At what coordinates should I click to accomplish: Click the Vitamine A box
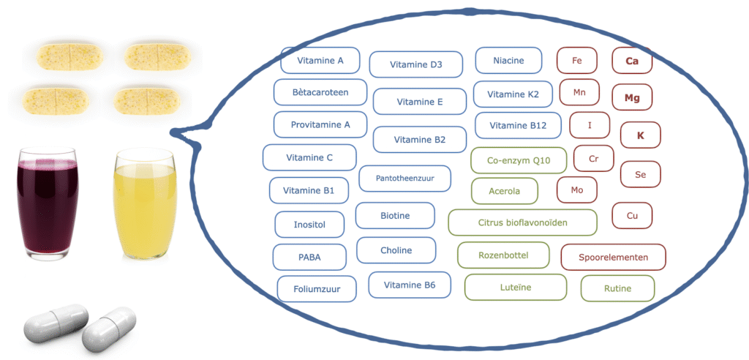[320, 61]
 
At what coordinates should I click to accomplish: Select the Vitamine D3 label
[415, 64]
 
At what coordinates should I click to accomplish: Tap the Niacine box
[508, 61]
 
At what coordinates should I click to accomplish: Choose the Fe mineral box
[577, 61]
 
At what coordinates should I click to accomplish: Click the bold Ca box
[632, 61]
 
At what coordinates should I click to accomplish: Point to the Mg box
[632, 97]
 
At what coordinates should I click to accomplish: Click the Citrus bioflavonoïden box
[522, 222]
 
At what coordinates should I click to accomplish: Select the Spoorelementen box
[613, 258]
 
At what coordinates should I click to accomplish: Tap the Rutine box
[617, 288]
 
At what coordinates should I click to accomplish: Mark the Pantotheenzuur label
[404, 178]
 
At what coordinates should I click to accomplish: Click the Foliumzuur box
[318, 288]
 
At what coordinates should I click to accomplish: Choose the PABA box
[309, 258]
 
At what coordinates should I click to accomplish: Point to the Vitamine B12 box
[518, 126]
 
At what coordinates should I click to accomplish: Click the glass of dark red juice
[48, 205]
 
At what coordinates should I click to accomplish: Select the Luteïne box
[516, 288]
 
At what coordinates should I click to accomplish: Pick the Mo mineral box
[577, 190]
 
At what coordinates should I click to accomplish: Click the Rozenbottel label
[503, 255]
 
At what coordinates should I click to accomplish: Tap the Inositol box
[309, 225]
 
